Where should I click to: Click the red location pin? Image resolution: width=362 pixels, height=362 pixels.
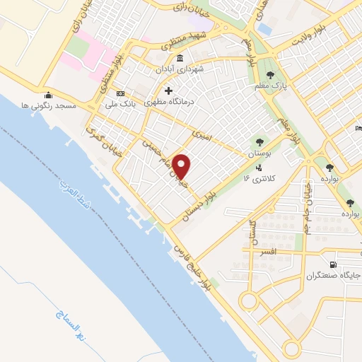182,165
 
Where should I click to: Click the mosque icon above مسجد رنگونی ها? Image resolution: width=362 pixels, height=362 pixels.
48,95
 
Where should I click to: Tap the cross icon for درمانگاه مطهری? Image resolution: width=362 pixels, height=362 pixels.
168,90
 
